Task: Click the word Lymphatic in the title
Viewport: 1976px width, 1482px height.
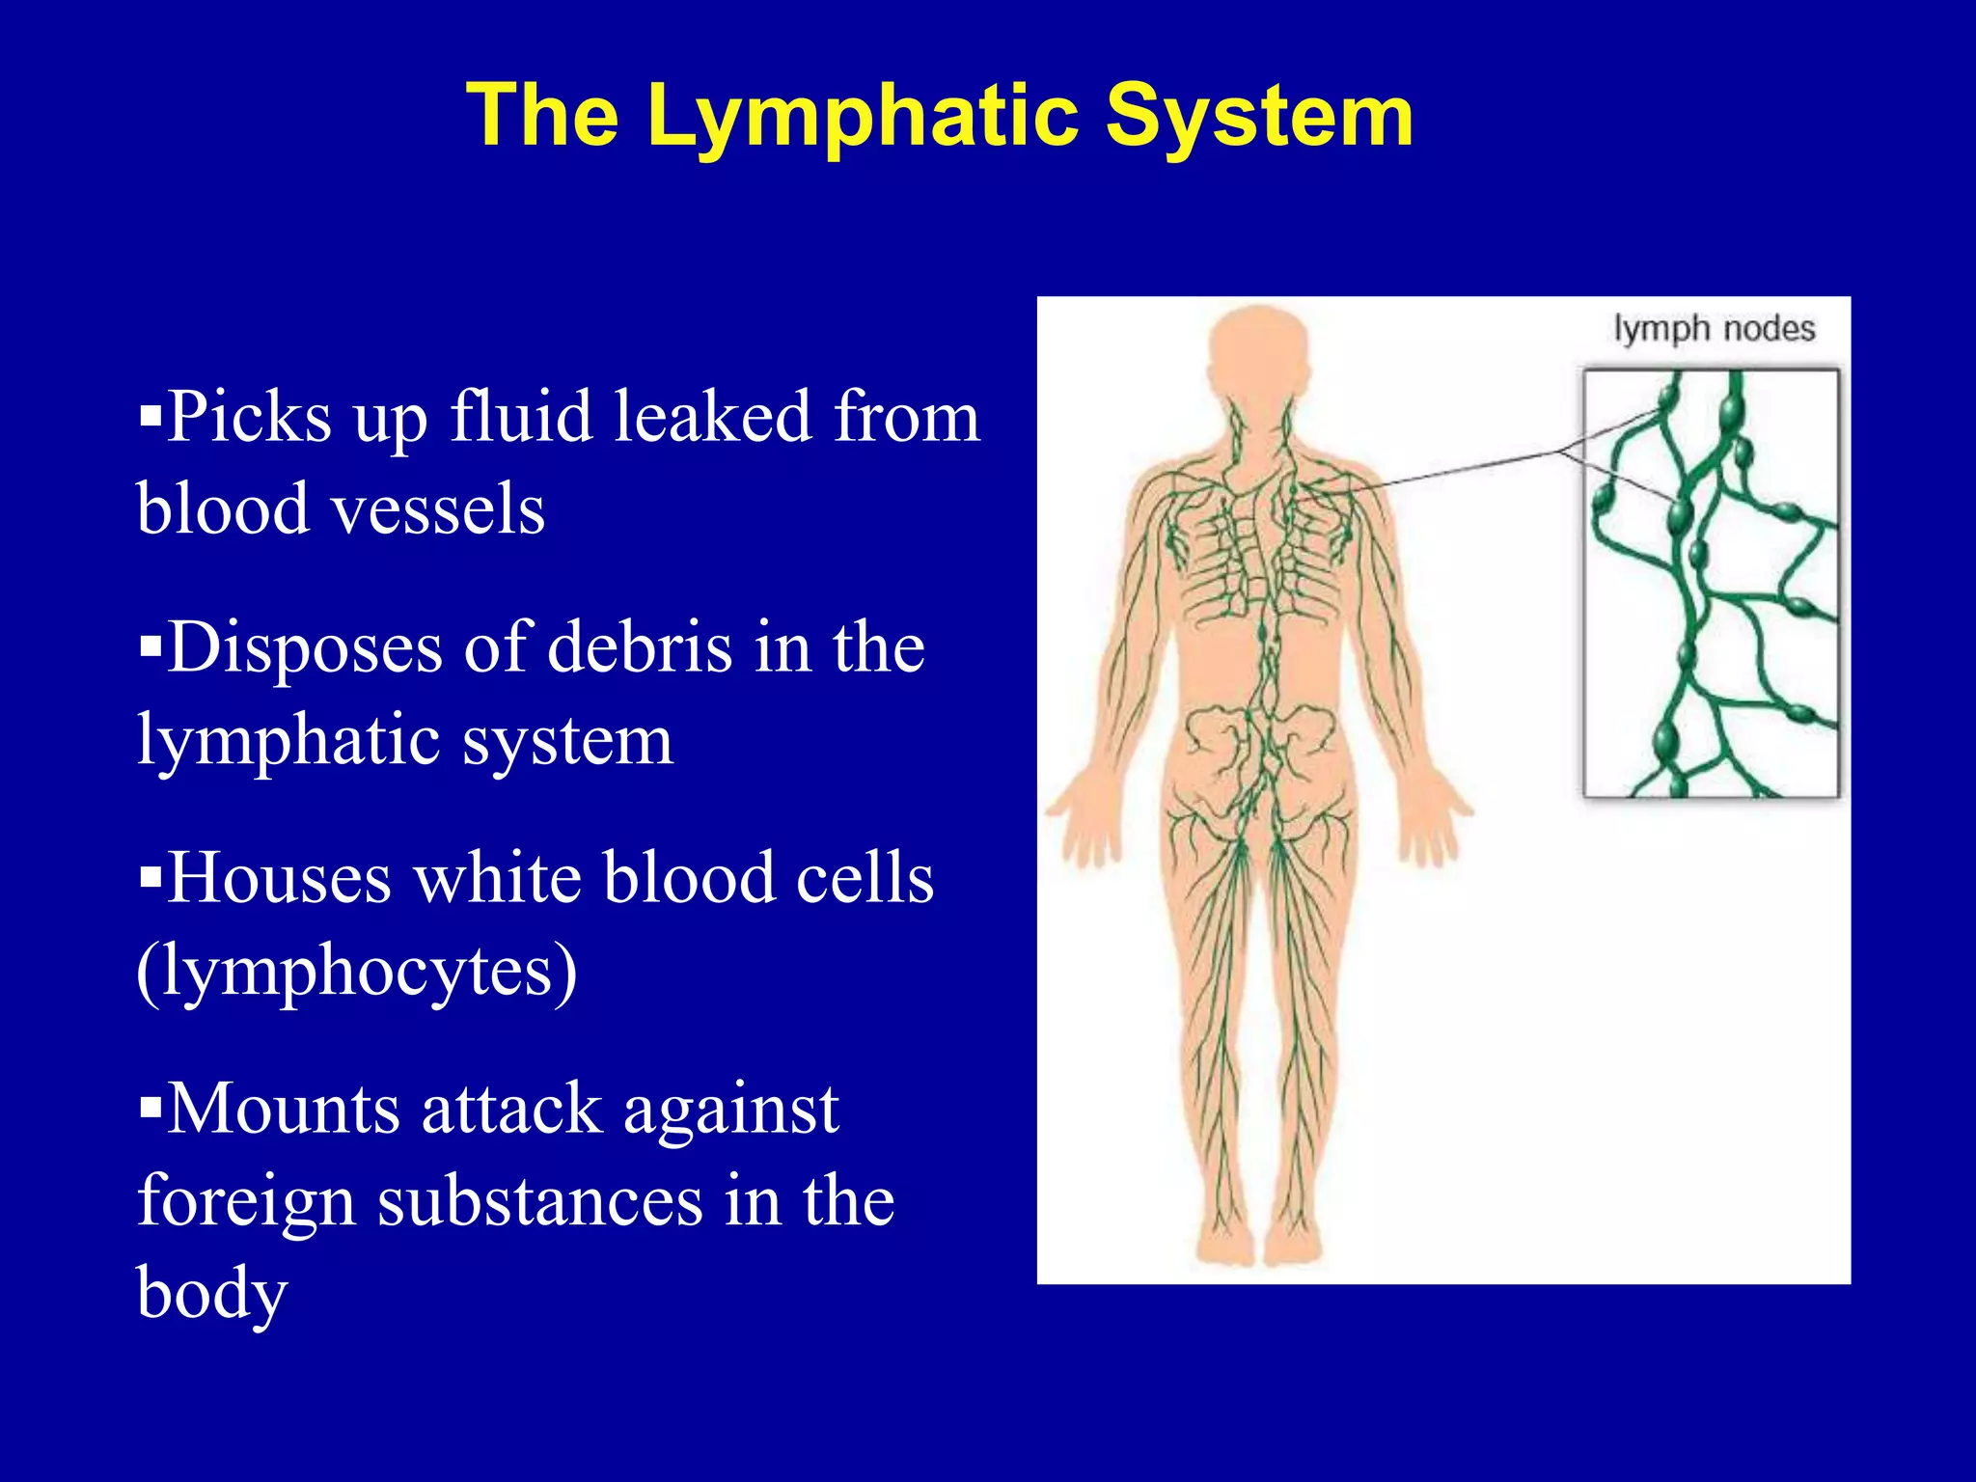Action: (x=864, y=116)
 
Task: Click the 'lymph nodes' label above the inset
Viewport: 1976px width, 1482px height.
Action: (x=1714, y=329)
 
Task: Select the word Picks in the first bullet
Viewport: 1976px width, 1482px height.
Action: (x=249, y=418)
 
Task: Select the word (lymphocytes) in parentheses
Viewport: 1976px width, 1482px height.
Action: (x=357, y=971)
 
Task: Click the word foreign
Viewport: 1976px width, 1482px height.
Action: (x=246, y=1201)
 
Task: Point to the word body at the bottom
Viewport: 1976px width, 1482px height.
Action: (x=212, y=1293)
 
